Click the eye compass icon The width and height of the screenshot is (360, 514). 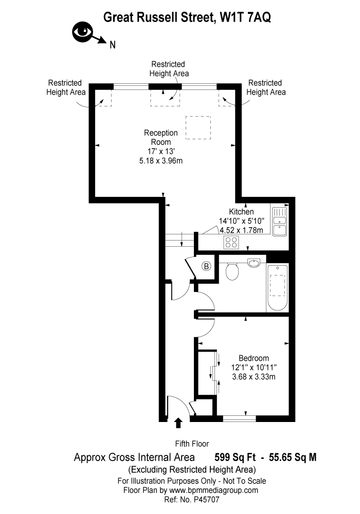pos(83,32)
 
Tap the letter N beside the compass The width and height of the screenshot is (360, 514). pos(113,45)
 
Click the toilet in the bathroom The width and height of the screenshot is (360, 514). pos(232,271)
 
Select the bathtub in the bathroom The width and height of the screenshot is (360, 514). pos(277,287)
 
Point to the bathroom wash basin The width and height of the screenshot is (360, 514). pos(254,263)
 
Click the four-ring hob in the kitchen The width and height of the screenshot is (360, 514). pos(231,242)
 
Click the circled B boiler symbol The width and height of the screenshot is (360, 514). pos(206,266)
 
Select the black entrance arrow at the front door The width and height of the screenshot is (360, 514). pos(178,423)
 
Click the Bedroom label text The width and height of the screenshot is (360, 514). pos(254,358)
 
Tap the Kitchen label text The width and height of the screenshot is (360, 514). pos(241,211)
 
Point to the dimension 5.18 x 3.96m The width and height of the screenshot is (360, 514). pos(160,160)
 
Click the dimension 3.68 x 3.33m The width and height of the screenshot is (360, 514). pos(254,377)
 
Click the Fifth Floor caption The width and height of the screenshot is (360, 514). pos(192,444)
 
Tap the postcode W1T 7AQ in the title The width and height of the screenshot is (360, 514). pos(245,17)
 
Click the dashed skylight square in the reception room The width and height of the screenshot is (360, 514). pos(198,128)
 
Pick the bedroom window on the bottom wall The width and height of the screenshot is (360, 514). pos(239,418)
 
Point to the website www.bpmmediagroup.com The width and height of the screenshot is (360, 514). pos(213,490)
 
